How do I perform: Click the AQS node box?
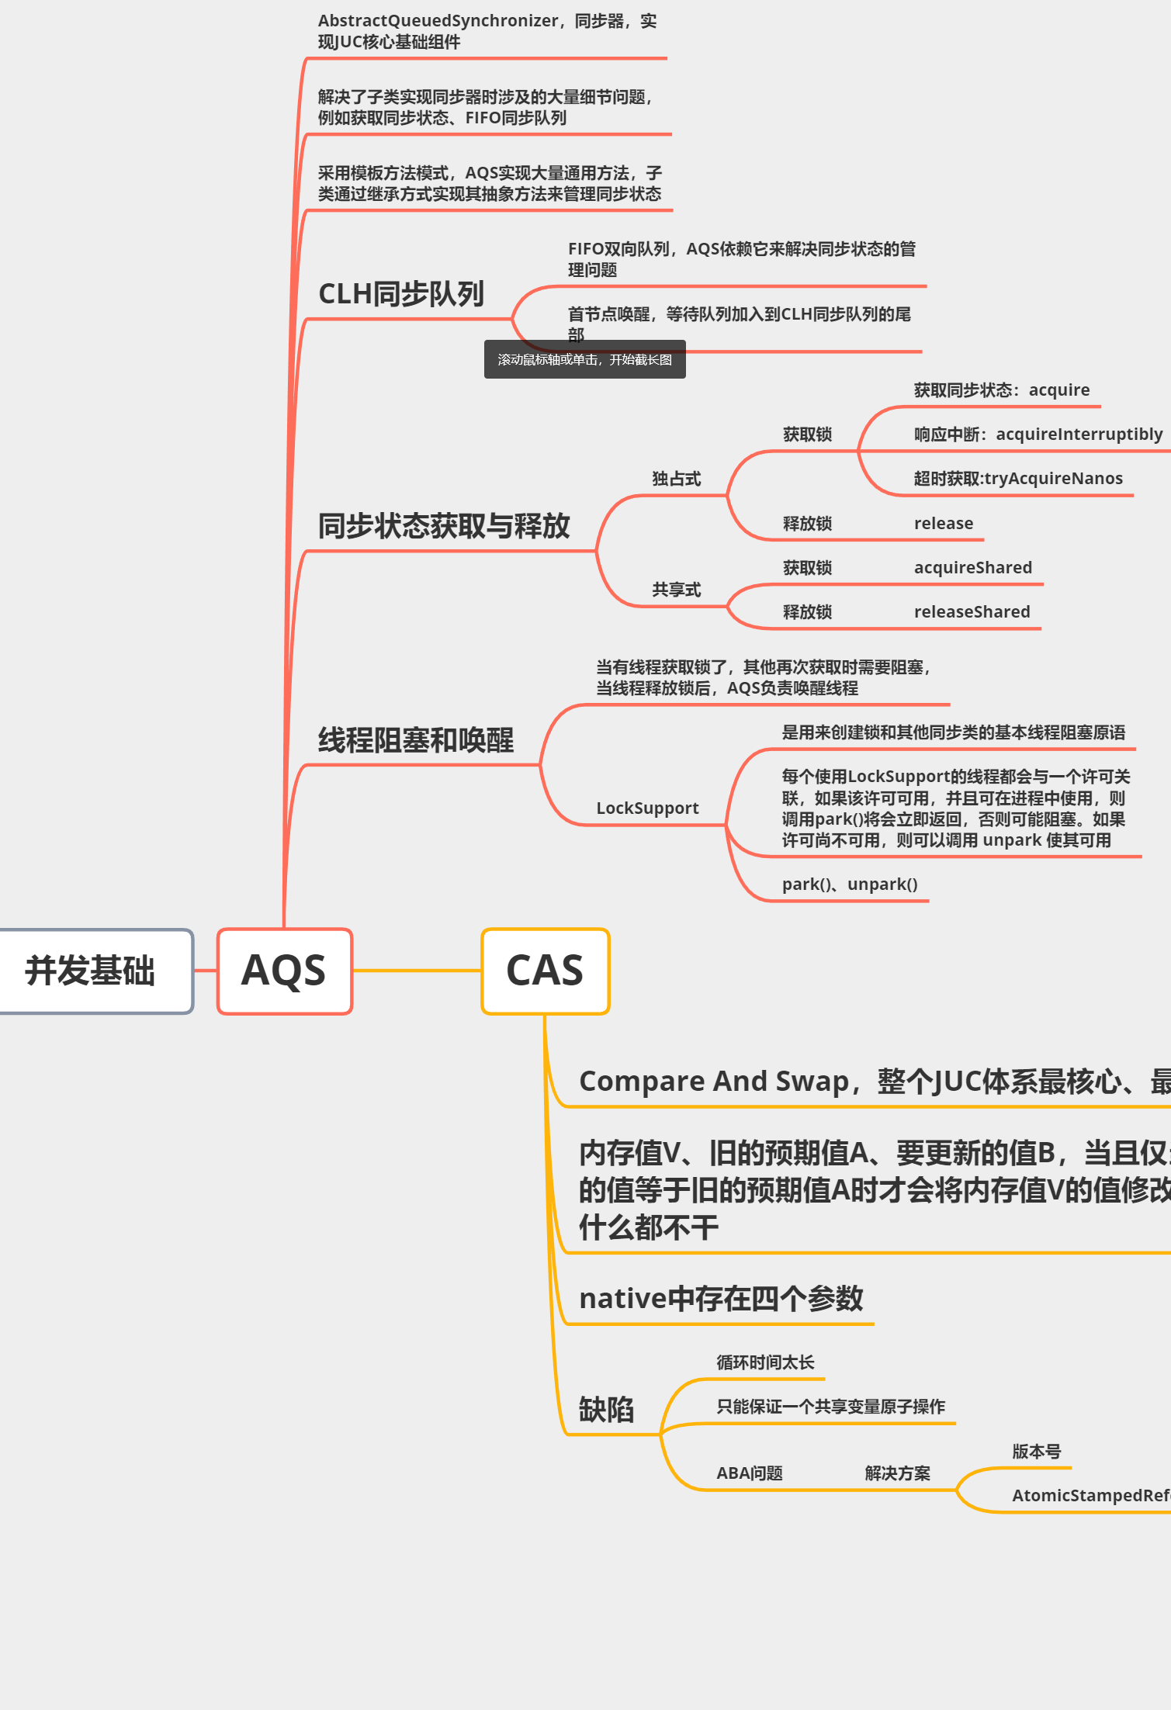pyautogui.click(x=284, y=971)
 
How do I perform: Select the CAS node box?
pyautogui.click(x=545, y=971)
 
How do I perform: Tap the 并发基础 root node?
pyautogui.click(x=92, y=971)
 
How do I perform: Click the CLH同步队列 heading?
pyautogui.click(x=401, y=294)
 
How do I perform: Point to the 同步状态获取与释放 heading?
pyautogui.click(x=444, y=526)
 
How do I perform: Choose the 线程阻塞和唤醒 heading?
pyautogui.click(x=416, y=740)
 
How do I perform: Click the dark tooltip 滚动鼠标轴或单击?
pyautogui.click(x=584, y=359)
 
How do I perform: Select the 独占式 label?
pyautogui.click(x=676, y=479)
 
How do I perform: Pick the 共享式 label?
pyautogui.click(x=676, y=590)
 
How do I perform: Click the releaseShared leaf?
pyautogui.click(x=972, y=611)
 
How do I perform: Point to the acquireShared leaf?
pyautogui.click(x=972, y=567)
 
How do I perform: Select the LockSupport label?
pyautogui.click(x=647, y=808)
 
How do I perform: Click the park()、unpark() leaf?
pyautogui.click(x=850, y=884)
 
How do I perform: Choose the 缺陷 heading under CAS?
pyautogui.click(x=606, y=1409)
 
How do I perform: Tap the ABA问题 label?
pyautogui.click(x=749, y=1473)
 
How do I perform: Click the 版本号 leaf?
pyautogui.click(x=1036, y=1451)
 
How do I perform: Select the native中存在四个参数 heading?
pyautogui.click(x=721, y=1298)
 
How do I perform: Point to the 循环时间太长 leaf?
pyautogui.click(x=765, y=1362)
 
